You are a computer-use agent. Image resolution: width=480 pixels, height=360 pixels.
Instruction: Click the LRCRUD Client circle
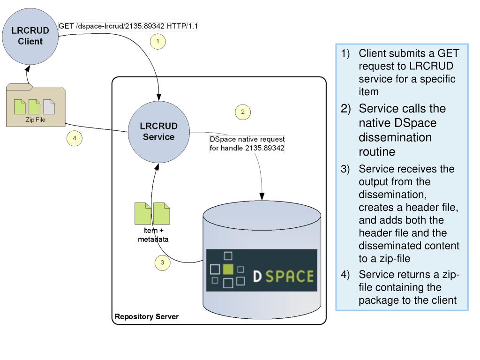click(30, 36)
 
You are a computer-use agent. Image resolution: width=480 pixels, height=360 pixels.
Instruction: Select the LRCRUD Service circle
click(158, 132)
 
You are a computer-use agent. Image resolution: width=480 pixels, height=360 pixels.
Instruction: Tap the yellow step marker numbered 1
click(157, 41)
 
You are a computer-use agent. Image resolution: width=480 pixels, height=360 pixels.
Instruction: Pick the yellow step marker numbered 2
click(243, 112)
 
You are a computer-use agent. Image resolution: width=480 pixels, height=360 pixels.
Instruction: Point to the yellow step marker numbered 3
click(162, 262)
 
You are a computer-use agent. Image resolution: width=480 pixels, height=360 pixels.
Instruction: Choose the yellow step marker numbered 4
click(75, 138)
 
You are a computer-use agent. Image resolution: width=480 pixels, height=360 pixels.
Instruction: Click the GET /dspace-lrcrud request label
click(128, 26)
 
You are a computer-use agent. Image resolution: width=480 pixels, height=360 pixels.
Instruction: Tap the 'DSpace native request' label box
click(247, 143)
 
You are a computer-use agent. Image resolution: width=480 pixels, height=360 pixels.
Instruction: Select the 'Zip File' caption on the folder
click(36, 120)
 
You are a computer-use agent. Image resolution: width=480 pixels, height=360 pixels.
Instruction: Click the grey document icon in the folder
click(49, 107)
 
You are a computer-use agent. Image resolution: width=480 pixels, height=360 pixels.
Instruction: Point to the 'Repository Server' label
click(147, 316)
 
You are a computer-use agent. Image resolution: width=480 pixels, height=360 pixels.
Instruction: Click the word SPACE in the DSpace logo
click(290, 276)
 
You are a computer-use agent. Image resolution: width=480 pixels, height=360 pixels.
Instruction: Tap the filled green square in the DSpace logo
click(228, 269)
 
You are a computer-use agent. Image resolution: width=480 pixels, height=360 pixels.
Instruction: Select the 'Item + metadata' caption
click(153, 235)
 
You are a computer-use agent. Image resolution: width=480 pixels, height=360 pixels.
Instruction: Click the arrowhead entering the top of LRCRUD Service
click(159, 97)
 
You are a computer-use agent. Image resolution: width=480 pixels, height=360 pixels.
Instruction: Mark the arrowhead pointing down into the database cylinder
click(262, 196)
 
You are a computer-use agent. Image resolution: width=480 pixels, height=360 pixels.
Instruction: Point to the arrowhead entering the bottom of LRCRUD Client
click(28, 68)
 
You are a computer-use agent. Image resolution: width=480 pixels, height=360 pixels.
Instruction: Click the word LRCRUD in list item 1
click(431, 66)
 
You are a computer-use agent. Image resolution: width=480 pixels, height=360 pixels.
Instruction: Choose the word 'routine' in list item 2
click(377, 152)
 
